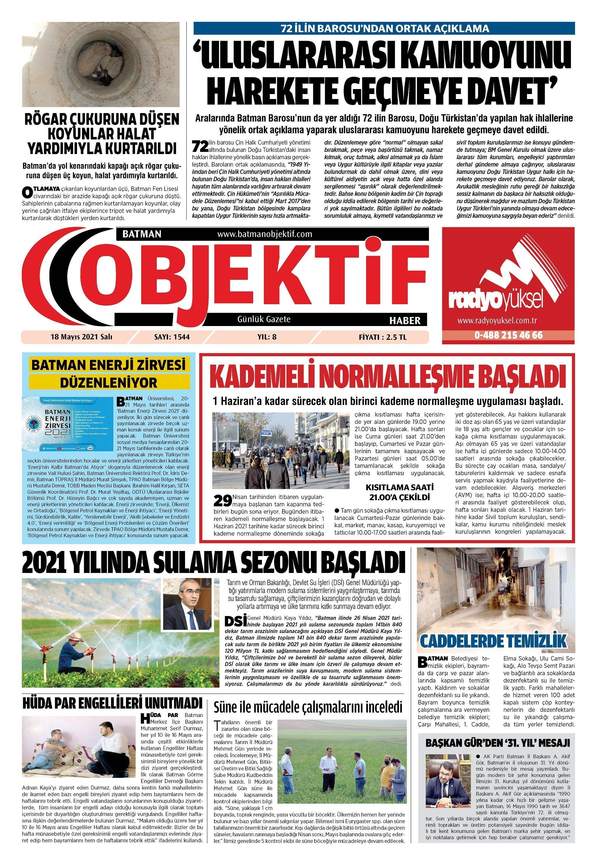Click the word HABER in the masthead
click(x=405, y=320)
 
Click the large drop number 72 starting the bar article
click(x=199, y=145)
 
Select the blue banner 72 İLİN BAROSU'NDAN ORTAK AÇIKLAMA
click(x=384, y=28)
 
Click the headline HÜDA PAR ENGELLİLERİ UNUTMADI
click(x=112, y=703)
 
